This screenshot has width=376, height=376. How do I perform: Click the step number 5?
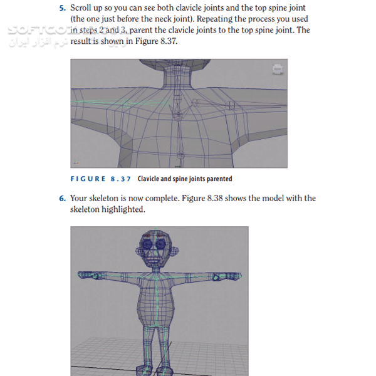(62, 8)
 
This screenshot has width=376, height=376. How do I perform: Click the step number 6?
(62, 199)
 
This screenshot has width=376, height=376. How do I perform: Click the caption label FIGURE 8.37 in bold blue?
(100, 179)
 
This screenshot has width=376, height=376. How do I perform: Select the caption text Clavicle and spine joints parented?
(185, 179)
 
